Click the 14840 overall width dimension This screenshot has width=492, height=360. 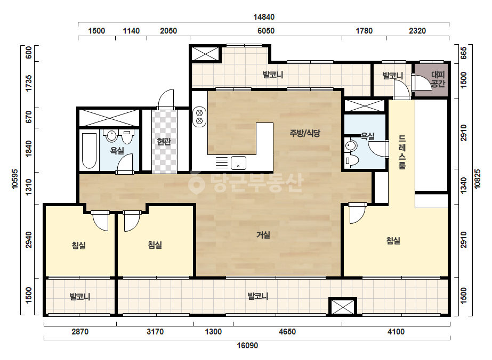pos(264,17)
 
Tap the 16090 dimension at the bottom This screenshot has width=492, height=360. pos(247,346)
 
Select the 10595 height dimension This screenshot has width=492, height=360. pos(14,179)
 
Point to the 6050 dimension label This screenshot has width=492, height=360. pos(266,31)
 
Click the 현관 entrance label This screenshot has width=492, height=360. pos(164,142)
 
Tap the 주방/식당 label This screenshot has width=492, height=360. pos(305,133)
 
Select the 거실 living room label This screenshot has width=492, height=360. pos(263,234)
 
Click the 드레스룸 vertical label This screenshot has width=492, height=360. pos(402,152)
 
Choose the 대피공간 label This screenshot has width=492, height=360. pos(438,79)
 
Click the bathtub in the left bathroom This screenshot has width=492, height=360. pos(89,151)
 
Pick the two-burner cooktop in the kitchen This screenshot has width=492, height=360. pos(199,117)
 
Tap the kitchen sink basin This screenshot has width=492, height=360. pos(238,163)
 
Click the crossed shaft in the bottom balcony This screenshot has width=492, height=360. pos(343,306)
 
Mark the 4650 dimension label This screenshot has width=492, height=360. pos(287,332)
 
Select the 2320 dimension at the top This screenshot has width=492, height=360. pos(417,31)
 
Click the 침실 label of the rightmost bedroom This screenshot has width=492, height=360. pos(393,241)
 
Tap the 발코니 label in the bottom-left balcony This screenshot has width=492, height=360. pos(80,296)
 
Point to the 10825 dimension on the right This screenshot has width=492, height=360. pos(477,179)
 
